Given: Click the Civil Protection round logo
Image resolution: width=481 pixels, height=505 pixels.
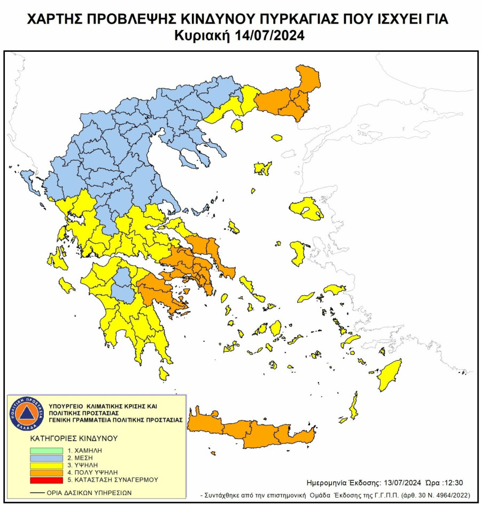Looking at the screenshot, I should (x=26, y=414).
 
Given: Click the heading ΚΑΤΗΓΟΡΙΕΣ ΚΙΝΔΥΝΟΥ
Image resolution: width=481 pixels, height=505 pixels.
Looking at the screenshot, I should (x=74, y=438).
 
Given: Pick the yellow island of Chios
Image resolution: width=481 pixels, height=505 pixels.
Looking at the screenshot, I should (x=298, y=253).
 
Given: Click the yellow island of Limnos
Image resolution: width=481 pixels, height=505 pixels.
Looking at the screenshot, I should (x=262, y=169).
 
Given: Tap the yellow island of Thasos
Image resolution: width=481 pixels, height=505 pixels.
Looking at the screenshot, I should (x=237, y=126).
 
